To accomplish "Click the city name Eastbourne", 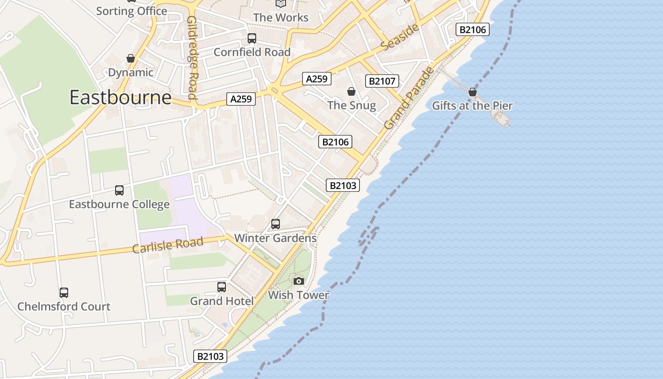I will [120, 98].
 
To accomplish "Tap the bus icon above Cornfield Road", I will [252, 38].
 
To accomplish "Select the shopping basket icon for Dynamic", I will [131, 58].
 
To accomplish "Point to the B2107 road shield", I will [382, 81].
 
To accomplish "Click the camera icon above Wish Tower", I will [298, 281].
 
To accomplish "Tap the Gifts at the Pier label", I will [472, 106].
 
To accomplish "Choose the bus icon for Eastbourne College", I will [119, 190].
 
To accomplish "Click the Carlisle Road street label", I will [168, 245].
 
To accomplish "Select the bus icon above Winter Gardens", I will [276, 224].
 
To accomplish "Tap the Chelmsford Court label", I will [64, 307].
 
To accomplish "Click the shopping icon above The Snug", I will [351, 91].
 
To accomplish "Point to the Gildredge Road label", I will [192, 58].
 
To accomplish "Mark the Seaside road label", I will [400, 37].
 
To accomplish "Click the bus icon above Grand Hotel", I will [222, 287].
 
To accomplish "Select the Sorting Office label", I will [132, 11].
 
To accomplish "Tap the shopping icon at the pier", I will [472, 92].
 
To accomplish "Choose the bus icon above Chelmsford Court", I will [64, 293].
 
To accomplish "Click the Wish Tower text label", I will [298, 295].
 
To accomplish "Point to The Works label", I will [281, 18].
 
